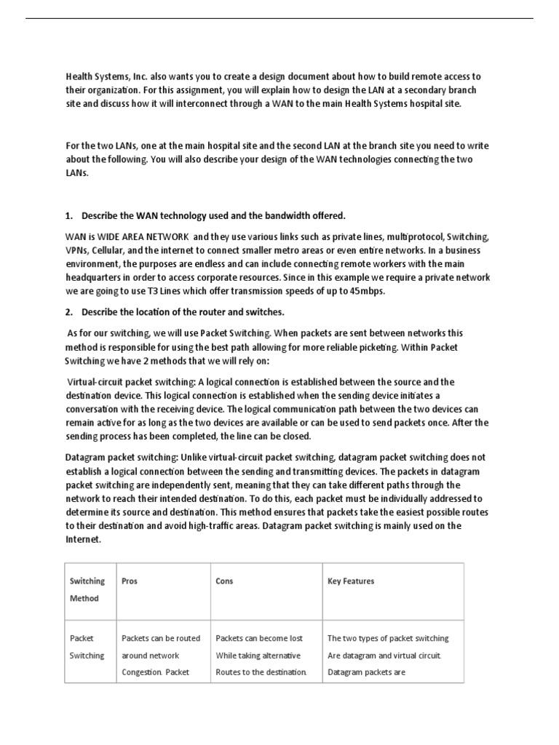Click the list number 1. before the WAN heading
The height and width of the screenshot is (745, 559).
(70, 215)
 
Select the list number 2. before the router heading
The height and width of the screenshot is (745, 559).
(70, 312)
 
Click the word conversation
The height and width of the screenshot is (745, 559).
(96, 409)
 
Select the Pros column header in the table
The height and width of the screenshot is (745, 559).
(129, 581)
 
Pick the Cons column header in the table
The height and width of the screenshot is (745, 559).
(224, 581)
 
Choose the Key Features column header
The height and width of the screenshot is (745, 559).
(351, 581)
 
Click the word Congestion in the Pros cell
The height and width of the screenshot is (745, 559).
(144, 672)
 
